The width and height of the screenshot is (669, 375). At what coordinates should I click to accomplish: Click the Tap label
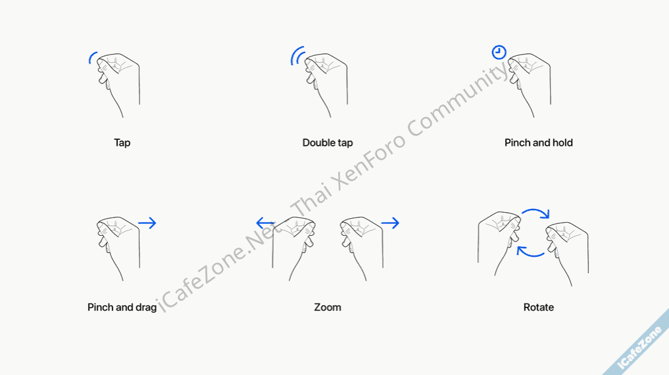tap(122, 143)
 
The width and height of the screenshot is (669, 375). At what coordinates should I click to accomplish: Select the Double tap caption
tap(328, 143)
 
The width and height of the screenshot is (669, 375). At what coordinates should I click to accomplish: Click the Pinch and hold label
tap(539, 143)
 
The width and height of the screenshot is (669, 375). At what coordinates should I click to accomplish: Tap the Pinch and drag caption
tap(122, 307)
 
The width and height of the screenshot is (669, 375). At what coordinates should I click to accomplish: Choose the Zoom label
tap(328, 307)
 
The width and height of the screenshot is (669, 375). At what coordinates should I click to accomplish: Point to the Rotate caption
tap(539, 307)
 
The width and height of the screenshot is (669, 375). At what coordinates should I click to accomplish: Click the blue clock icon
tap(499, 53)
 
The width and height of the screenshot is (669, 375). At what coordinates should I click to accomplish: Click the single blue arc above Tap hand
tap(91, 58)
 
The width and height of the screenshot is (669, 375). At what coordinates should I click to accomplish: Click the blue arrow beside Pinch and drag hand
tap(147, 223)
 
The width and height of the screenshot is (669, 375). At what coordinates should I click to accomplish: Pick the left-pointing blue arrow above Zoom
tap(265, 223)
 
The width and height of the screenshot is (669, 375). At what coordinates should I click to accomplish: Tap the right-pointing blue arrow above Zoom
tap(390, 223)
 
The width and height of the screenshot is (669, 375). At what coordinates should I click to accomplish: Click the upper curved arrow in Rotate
tap(536, 210)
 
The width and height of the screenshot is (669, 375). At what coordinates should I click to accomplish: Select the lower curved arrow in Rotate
tap(531, 254)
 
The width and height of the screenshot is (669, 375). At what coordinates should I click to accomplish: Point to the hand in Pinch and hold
tap(530, 83)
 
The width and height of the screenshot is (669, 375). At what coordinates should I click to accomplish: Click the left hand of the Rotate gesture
tap(499, 242)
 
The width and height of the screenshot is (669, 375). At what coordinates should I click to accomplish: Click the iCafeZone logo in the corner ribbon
tap(639, 347)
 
